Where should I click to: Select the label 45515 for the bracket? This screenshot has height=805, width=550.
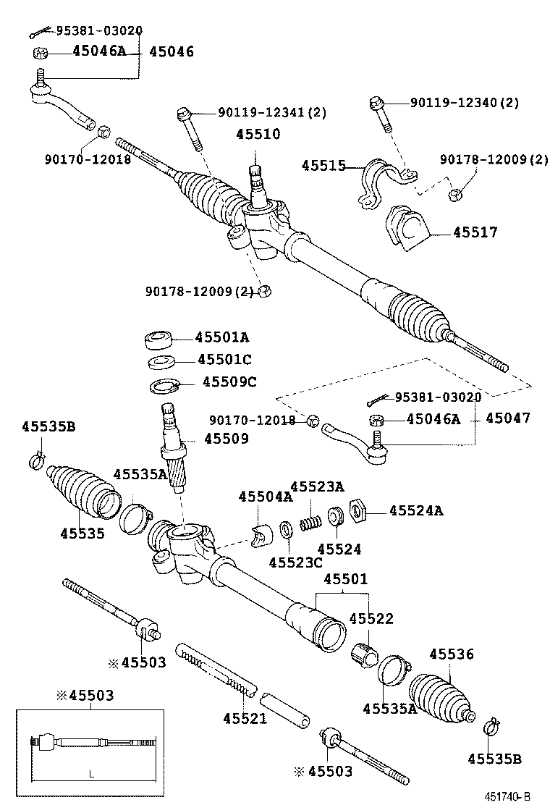click(x=323, y=166)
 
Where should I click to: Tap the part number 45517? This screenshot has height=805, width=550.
click(x=475, y=232)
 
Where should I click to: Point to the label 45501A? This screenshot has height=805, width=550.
click(x=223, y=337)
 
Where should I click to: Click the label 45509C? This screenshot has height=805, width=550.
click(x=229, y=382)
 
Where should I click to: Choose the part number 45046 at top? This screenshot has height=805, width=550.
click(x=172, y=52)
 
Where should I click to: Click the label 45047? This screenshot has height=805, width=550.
click(x=507, y=418)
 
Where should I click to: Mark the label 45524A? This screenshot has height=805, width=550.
click(x=416, y=511)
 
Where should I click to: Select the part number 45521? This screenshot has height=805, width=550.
click(x=245, y=718)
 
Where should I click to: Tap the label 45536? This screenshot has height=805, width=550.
click(x=451, y=654)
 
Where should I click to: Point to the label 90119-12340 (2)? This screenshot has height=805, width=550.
click(x=464, y=103)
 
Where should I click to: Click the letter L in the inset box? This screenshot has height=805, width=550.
click(x=91, y=774)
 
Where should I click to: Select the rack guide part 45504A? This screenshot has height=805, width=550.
click(x=261, y=534)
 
